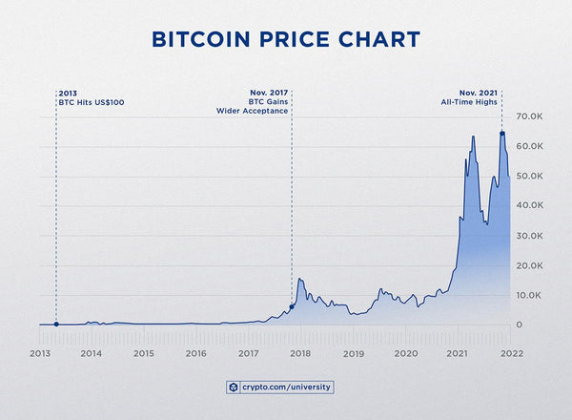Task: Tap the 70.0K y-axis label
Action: [529, 116]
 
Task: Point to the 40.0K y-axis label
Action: [529, 205]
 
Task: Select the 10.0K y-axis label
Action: [529, 295]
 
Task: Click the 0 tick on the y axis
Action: [520, 325]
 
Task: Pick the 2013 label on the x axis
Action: [39, 353]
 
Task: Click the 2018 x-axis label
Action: [301, 353]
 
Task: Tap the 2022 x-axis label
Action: [510, 353]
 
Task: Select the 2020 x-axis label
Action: [406, 353]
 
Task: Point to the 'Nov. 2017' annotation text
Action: [267, 93]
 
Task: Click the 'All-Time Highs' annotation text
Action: [476, 101]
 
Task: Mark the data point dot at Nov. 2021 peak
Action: [502, 133]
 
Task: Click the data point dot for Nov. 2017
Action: [292, 306]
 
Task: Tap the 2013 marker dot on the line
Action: [56, 325]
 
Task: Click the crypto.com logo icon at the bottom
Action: [233, 388]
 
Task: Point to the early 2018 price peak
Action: [300, 279]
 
